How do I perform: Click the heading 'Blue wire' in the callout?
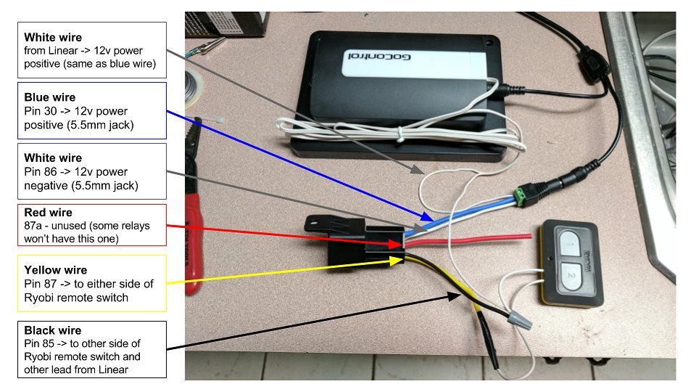point(49,97)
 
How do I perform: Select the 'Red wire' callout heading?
point(48,213)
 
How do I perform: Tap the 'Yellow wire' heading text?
point(55,270)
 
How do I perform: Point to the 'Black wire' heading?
point(53,330)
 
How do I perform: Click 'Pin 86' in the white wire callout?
point(39,172)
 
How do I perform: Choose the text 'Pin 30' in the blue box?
point(39,111)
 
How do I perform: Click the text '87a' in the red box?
point(33,226)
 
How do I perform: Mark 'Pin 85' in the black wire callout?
point(39,343)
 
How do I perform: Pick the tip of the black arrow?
point(460,293)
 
